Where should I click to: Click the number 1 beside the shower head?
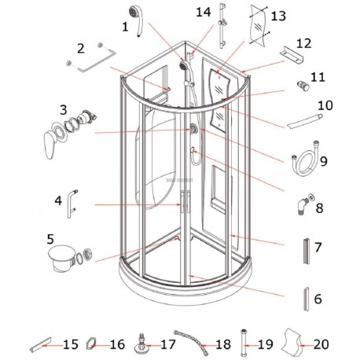coord(125,27)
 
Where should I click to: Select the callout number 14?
coord(204,12)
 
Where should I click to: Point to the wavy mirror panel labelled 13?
coord(259,24)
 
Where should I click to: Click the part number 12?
coord(303,43)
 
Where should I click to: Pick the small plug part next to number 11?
coord(303,86)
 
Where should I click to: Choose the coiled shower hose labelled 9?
coord(305,160)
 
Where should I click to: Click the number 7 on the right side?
coord(318,247)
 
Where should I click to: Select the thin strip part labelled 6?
coord(306,299)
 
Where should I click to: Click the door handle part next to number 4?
coord(72,204)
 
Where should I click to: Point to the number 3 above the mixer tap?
coord(64,110)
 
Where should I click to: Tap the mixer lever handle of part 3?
coord(51,144)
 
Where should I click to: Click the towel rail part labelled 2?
coord(92,57)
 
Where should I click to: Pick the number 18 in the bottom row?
coord(223,344)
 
